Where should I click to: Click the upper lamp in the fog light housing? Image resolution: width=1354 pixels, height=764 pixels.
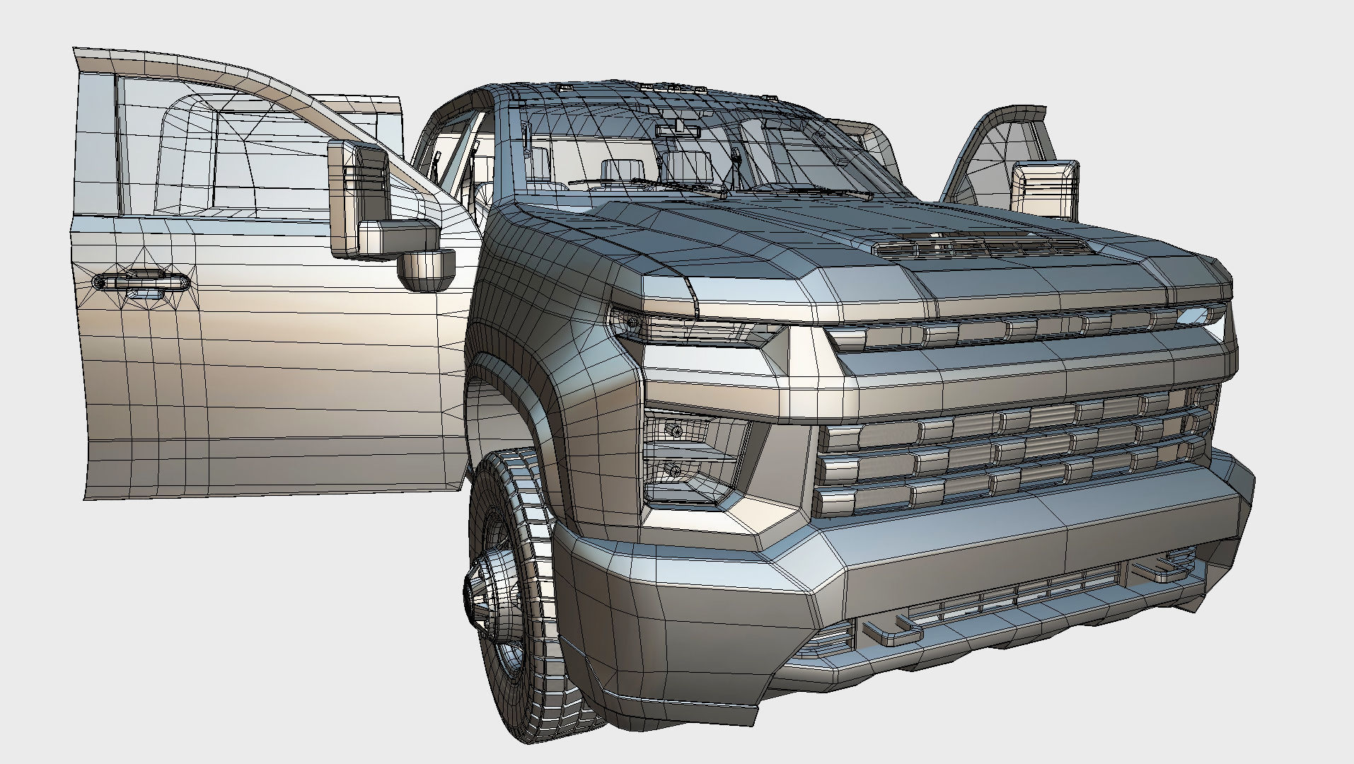point(677,430)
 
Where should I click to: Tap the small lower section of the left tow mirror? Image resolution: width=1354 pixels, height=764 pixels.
point(426,270)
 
